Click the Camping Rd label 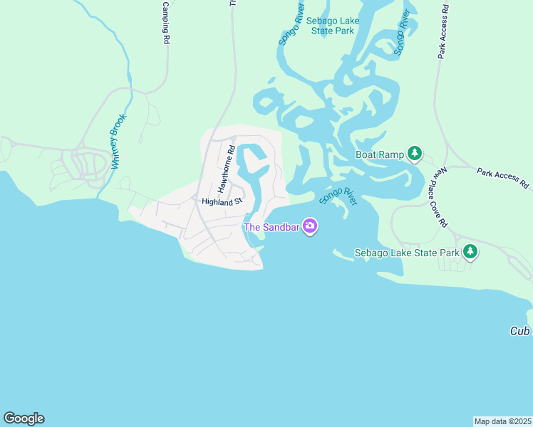pos(165,23)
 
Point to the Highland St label pos(222,201)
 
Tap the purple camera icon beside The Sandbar pos(310,227)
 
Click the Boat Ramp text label pos(379,154)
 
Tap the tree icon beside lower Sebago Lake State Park pos(470,251)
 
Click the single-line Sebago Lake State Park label pos(407,253)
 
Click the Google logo pos(24,418)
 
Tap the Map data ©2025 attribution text pos(502,421)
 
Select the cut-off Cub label pos(521,332)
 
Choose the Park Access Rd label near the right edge pos(503,178)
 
